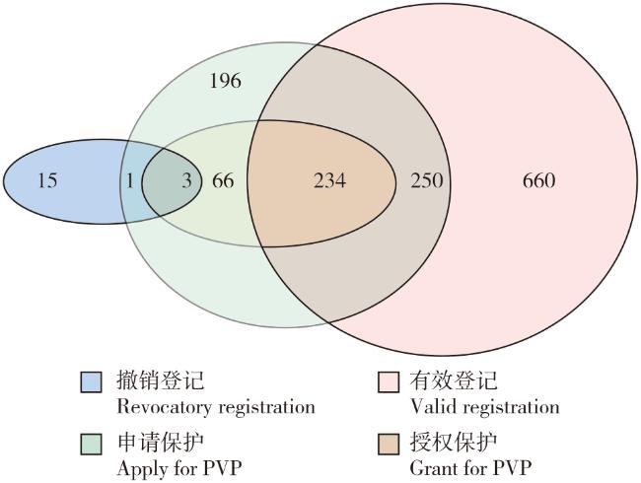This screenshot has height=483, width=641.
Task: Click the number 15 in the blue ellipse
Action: (x=47, y=180)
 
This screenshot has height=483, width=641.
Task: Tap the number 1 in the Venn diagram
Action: (x=130, y=180)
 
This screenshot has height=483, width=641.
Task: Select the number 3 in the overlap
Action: (x=186, y=180)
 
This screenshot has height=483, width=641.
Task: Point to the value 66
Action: (x=223, y=180)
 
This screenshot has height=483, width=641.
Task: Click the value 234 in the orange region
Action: (x=330, y=180)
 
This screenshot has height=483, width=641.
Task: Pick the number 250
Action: (x=427, y=180)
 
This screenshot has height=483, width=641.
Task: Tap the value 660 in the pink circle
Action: (x=538, y=180)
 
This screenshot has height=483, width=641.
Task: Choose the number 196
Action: (x=225, y=81)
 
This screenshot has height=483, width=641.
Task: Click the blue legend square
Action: (x=91, y=382)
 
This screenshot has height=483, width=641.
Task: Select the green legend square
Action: (x=91, y=444)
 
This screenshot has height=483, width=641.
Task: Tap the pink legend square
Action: (x=389, y=382)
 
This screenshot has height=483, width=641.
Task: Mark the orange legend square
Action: (x=389, y=444)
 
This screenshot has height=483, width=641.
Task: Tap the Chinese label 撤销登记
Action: (x=160, y=380)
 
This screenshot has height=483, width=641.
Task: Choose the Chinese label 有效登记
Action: (x=454, y=380)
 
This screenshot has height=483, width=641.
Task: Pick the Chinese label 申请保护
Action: (x=160, y=443)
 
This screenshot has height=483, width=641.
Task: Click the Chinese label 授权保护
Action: (x=454, y=443)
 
